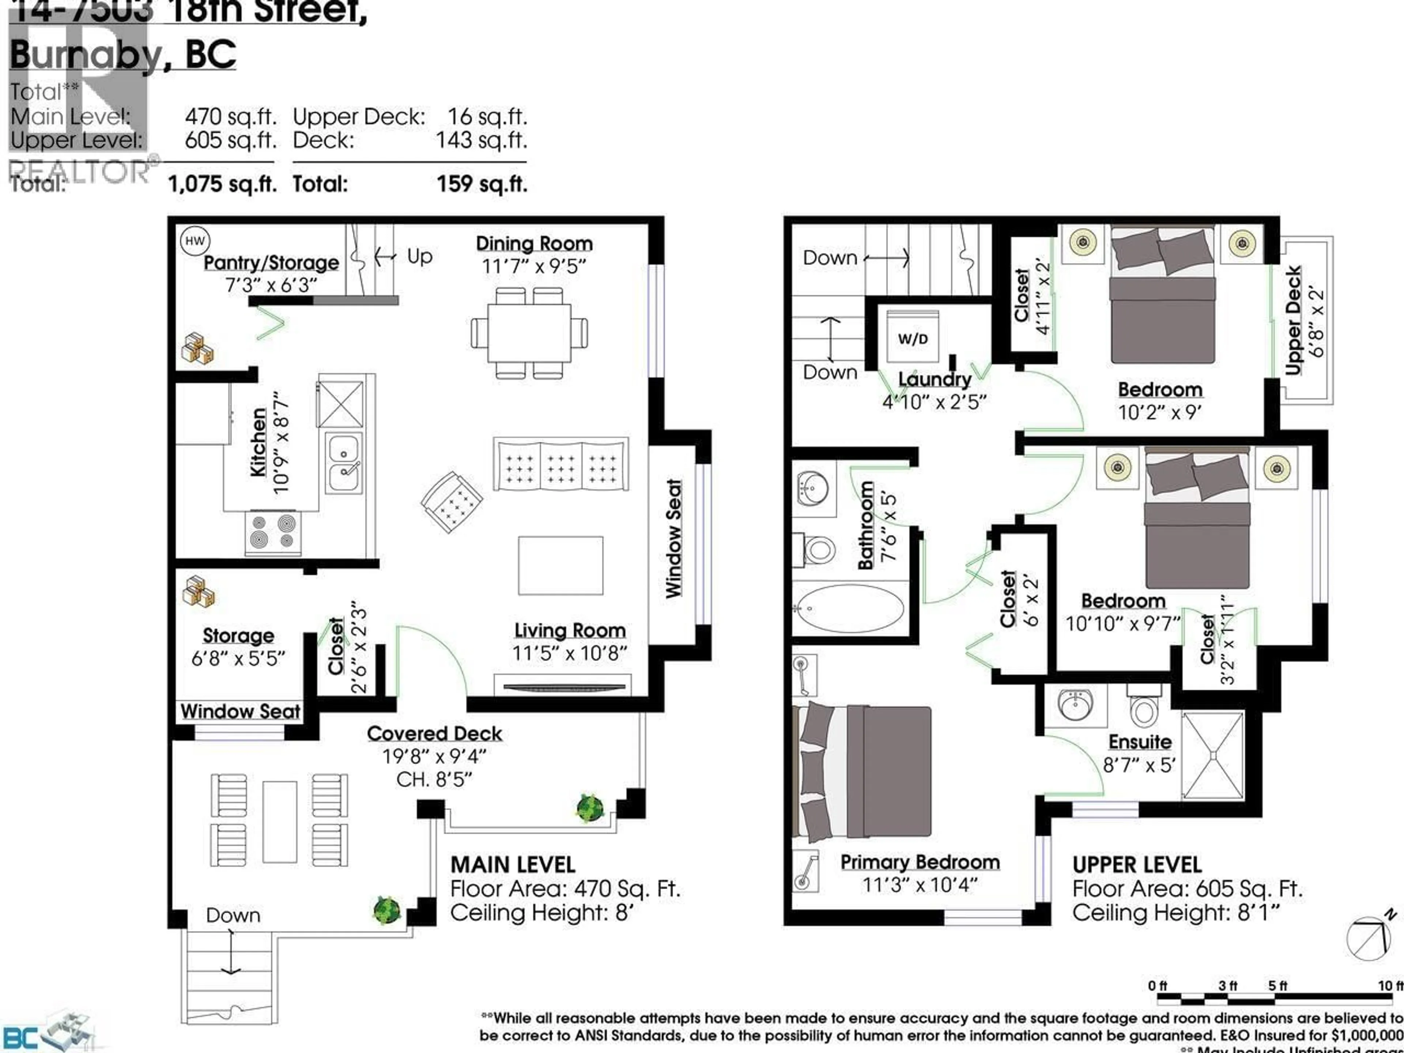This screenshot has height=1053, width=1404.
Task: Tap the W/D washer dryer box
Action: [x=912, y=338]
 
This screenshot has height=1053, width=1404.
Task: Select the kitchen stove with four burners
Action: [x=273, y=532]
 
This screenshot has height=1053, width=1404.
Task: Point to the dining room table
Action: [x=529, y=333]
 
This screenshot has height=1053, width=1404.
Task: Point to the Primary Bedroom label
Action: [x=920, y=862]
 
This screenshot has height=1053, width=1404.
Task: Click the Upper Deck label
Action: [x=1293, y=321]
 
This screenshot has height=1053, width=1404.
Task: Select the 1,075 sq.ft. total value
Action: [x=222, y=184]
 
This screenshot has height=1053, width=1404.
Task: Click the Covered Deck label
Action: [x=434, y=734]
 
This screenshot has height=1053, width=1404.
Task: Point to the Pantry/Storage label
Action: [x=271, y=263]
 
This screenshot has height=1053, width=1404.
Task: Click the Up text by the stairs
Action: [x=419, y=256]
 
